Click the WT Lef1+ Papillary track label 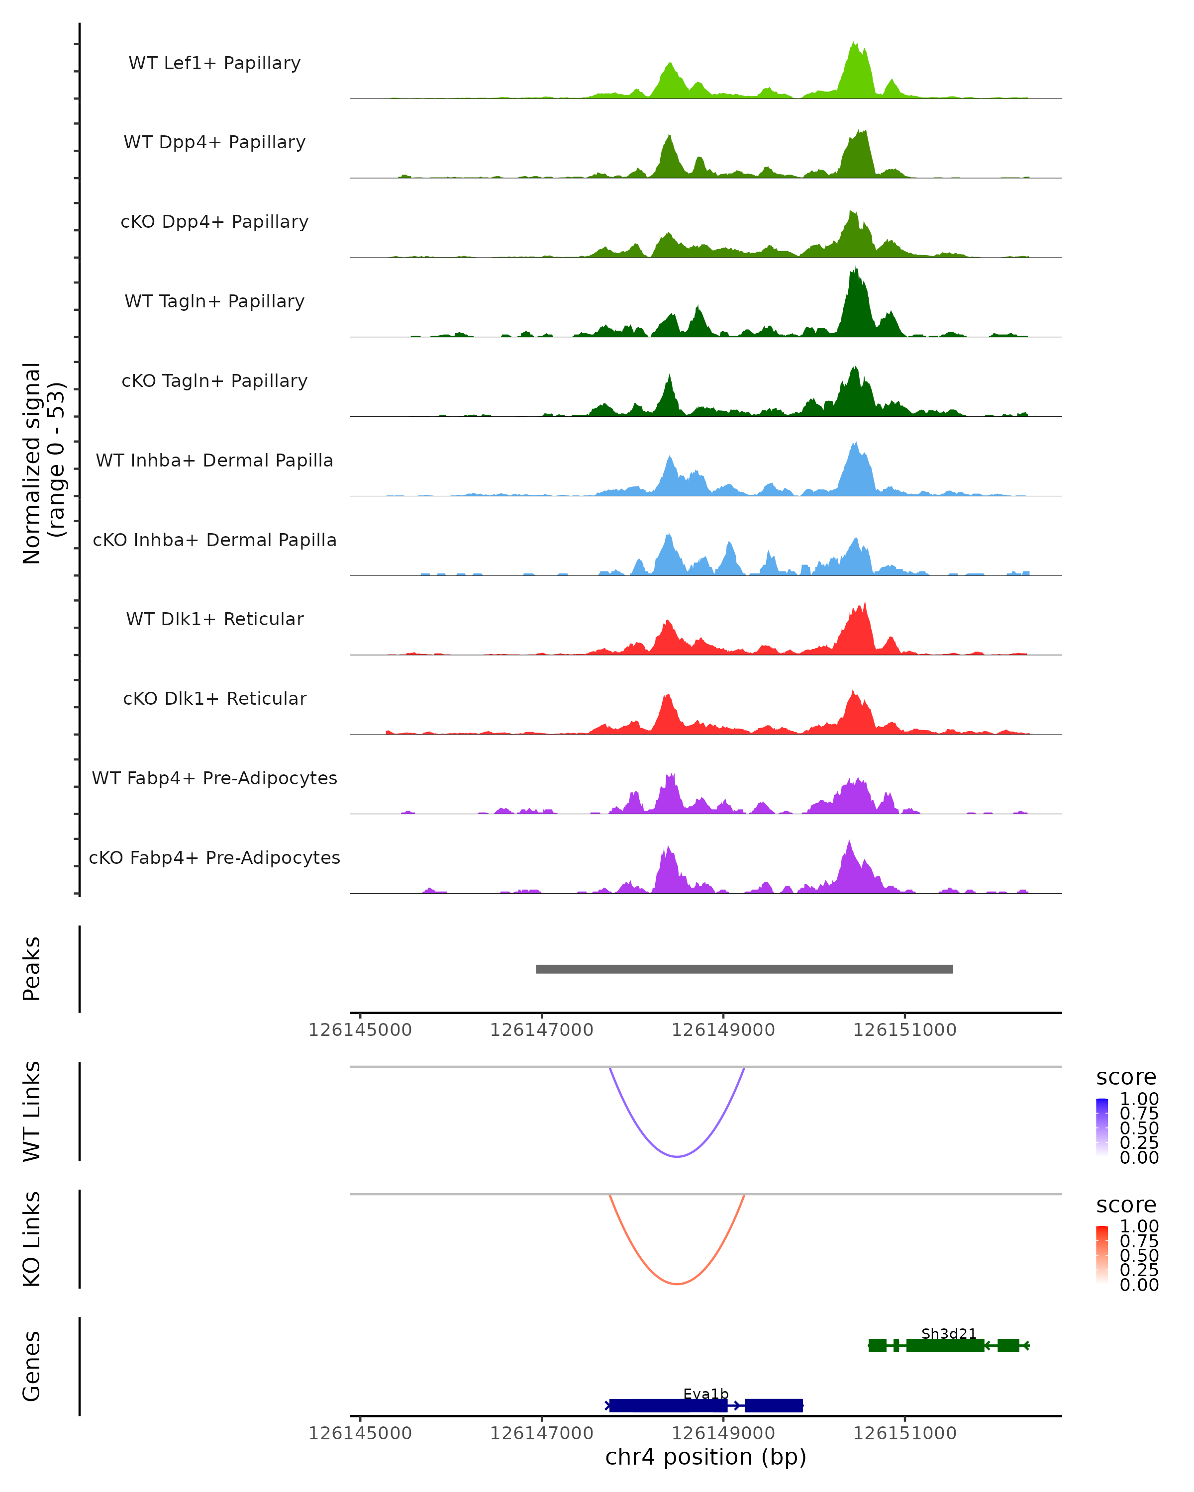[x=214, y=63]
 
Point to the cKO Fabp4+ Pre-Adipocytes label [x=214, y=857]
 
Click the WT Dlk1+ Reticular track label [x=214, y=619]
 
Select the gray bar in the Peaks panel [x=744, y=969]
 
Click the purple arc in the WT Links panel [x=677, y=1156]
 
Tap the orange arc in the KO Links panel [x=677, y=1284]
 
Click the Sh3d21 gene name [x=948, y=1333]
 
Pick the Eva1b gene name [x=705, y=1394]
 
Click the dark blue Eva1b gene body [x=668, y=1405]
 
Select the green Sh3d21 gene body [x=945, y=1345]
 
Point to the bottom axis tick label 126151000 [x=904, y=1432]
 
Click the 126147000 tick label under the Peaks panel [x=541, y=1030]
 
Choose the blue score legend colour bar [x=1102, y=1126]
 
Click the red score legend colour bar [x=1102, y=1254]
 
